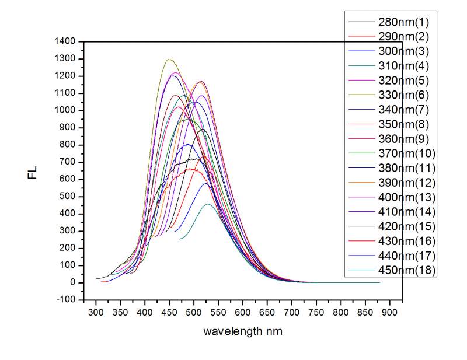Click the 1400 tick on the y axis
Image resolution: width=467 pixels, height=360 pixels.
click(x=65, y=42)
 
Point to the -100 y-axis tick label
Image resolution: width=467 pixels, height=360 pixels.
click(x=67, y=299)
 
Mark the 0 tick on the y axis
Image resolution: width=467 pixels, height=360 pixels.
click(x=73, y=282)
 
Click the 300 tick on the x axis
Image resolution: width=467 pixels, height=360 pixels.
click(x=96, y=312)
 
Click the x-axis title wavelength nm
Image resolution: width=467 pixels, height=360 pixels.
click(x=243, y=331)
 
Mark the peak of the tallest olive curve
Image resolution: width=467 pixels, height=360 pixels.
click(x=169, y=60)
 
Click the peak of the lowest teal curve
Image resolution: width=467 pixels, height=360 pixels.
click(x=208, y=204)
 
